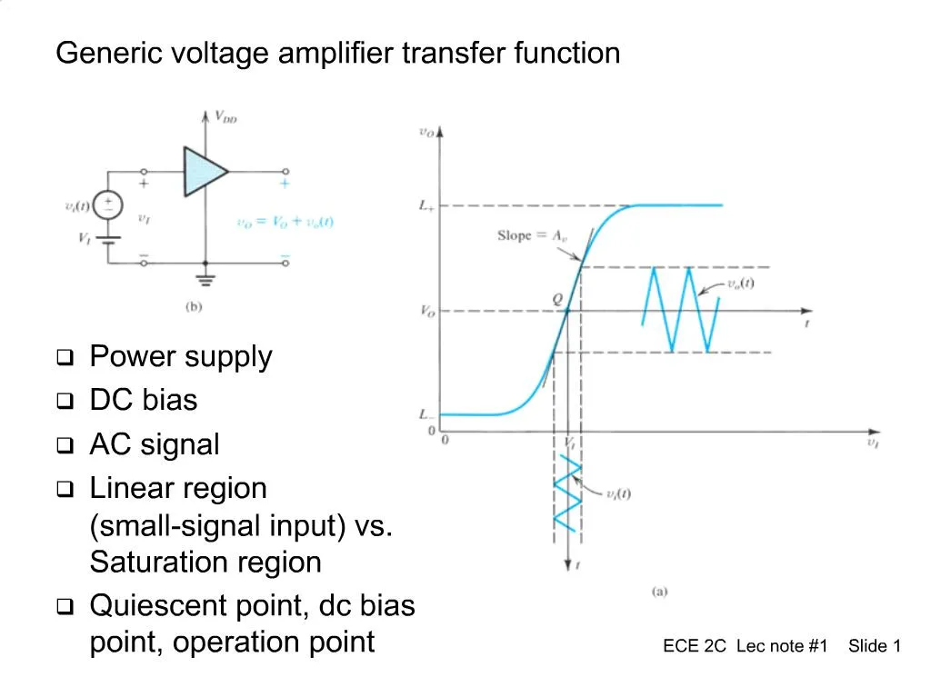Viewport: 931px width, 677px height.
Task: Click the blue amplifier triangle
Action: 202,171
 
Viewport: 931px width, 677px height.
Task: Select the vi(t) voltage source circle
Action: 109,204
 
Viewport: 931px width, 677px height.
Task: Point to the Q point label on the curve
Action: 557,298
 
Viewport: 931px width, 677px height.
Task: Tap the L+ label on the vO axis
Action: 425,206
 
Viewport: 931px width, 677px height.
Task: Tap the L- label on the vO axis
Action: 425,414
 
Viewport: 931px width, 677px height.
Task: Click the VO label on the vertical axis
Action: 425,312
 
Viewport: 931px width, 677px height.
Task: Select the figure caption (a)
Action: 659,592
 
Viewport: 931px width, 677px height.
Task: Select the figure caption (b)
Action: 194,306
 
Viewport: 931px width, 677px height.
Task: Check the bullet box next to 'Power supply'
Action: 65,358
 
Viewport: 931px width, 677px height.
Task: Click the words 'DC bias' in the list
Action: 143,400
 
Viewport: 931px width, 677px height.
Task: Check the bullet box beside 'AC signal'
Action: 65,446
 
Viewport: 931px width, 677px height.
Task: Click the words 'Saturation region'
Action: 205,563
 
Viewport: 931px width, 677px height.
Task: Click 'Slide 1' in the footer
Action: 874,646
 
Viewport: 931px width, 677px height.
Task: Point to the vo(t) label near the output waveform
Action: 740,284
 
